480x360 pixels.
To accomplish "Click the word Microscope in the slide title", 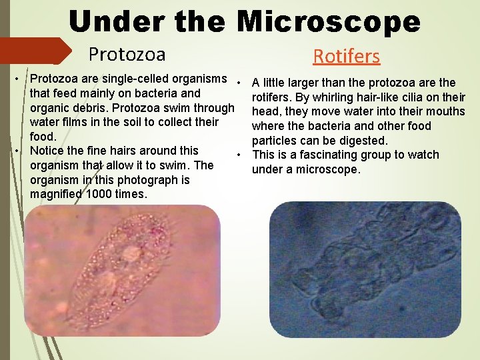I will [329, 22].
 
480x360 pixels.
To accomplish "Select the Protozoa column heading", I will [127, 53].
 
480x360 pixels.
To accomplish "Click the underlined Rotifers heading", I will [347, 56].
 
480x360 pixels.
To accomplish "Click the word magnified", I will [56, 194].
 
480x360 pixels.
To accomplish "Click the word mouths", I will [447, 112].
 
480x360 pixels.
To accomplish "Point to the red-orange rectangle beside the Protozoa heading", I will [37, 51].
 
